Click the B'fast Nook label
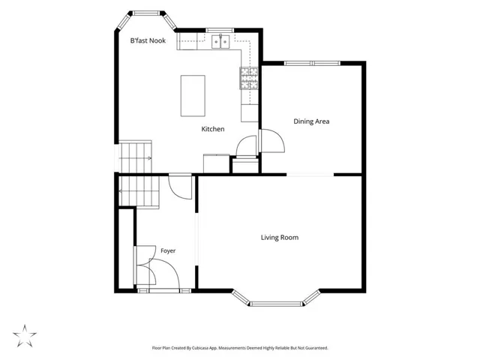(x=148, y=40)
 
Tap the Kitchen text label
(x=213, y=129)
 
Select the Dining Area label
(x=311, y=121)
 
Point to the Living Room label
(x=280, y=238)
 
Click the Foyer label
(x=168, y=251)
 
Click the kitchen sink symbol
(x=220, y=42)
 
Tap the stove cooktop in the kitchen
(x=249, y=78)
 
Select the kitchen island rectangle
(x=193, y=96)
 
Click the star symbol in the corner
(x=25, y=336)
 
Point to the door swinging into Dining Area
(x=272, y=141)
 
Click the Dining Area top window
(x=312, y=63)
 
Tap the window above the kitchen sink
(x=220, y=30)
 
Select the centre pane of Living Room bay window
(x=277, y=304)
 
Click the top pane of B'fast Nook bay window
(x=147, y=13)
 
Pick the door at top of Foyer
(x=181, y=187)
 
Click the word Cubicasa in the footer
(x=202, y=348)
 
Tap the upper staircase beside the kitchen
(x=135, y=157)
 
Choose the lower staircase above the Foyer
(x=139, y=191)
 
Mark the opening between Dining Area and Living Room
(x=310, y=175)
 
